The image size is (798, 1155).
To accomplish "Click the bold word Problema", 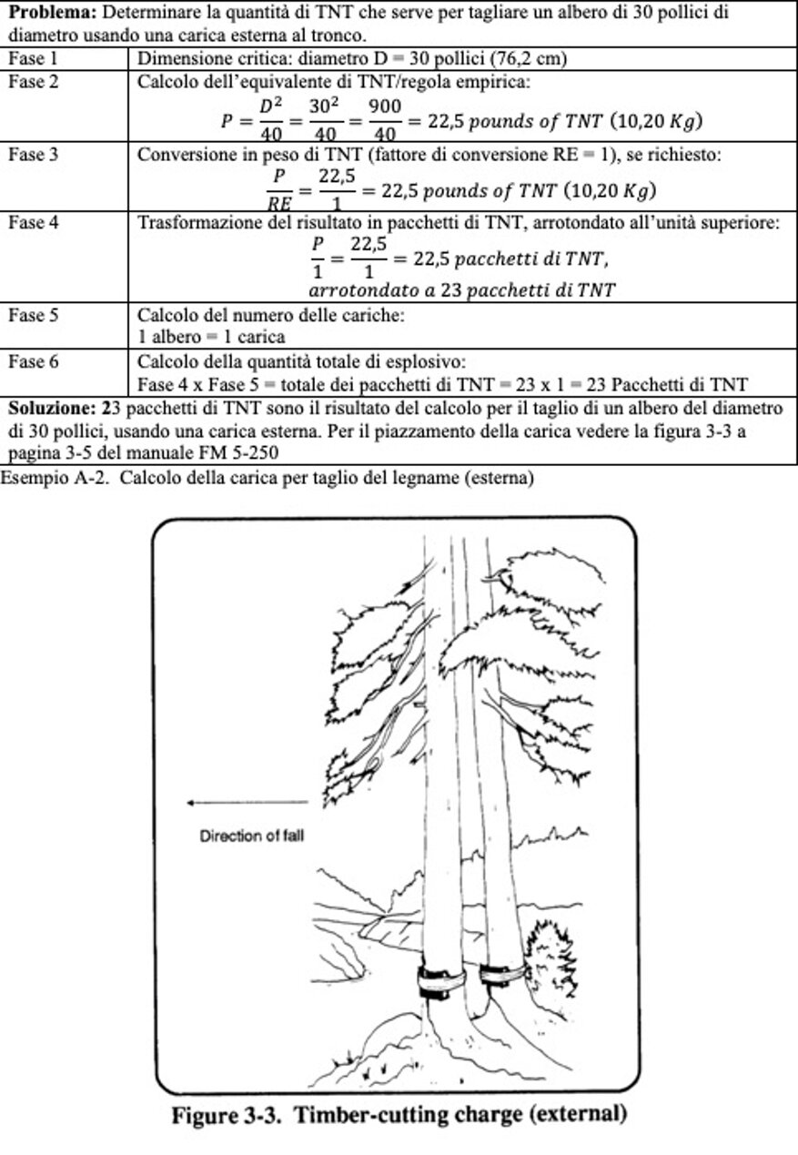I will [x=49, y=14].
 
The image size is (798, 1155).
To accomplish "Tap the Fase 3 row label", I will [x=34, y=155].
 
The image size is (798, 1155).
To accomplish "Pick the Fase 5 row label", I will [x=34, y=315].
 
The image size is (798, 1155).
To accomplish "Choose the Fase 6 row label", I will [x=34, y=362].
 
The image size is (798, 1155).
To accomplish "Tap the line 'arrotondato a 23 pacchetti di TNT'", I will [x=461, y=290].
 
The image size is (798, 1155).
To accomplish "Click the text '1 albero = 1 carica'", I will [x=210, y=337].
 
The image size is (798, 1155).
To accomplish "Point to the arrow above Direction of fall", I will [x=246, y=803].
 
